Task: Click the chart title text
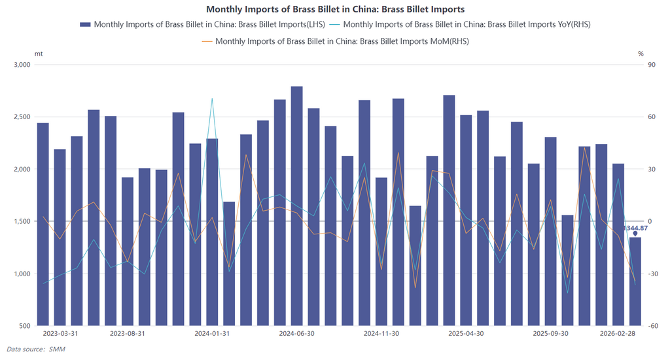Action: click(335, 9)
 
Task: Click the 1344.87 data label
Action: click(635, 228)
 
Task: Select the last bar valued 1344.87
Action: click(635, 281)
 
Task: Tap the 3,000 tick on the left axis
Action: click(22, 65)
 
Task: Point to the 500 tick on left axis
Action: click(25, 325)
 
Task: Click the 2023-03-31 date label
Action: click(60, 333)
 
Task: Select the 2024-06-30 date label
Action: click(296, 333)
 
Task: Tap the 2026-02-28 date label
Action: click(618, 333)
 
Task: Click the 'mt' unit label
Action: click(39, 53)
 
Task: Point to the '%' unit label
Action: click(641, 53)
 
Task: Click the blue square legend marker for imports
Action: click(85, 24)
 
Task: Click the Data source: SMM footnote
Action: click(36, 349)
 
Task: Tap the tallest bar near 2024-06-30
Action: click(296, 206)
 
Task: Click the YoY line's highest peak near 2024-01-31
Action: click(212, 99)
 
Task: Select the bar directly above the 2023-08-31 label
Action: click(128, 251)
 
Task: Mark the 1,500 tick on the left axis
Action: click(22, 221)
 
